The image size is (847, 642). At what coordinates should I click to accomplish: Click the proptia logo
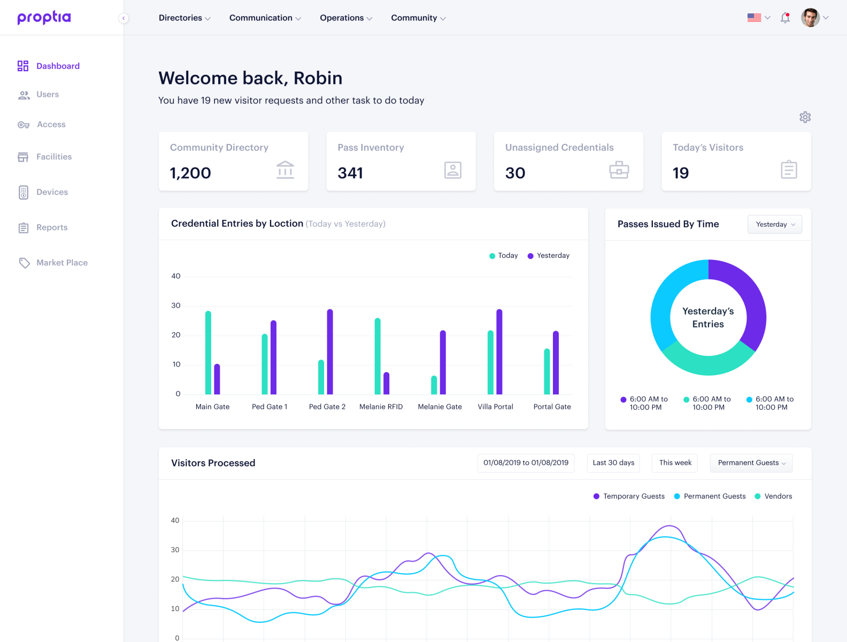[44, 18]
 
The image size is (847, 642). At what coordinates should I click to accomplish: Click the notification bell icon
[785, 18]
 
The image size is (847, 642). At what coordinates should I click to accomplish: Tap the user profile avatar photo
[810, 18]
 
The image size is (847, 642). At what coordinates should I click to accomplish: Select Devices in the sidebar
[52, 192]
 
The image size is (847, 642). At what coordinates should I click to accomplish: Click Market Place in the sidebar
[61, 263]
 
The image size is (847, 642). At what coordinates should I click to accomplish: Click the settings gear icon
[805, 117]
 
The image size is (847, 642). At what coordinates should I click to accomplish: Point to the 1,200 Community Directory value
[190, 173]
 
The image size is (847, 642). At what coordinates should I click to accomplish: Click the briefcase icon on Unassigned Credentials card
[619, 170]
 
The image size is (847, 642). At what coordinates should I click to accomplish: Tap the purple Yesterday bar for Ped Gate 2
[330, 351]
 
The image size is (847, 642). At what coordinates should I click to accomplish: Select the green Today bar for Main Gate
[208, 353]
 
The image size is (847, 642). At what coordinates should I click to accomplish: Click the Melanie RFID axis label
[381, 407]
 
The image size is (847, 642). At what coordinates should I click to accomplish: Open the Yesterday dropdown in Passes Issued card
[774, 224]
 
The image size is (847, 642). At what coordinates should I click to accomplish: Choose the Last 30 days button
[613, 463]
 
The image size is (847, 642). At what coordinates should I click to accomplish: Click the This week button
[675, 463]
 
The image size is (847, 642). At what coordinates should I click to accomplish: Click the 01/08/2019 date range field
[526, 463]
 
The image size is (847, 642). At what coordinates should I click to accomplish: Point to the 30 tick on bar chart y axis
[176, 305]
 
